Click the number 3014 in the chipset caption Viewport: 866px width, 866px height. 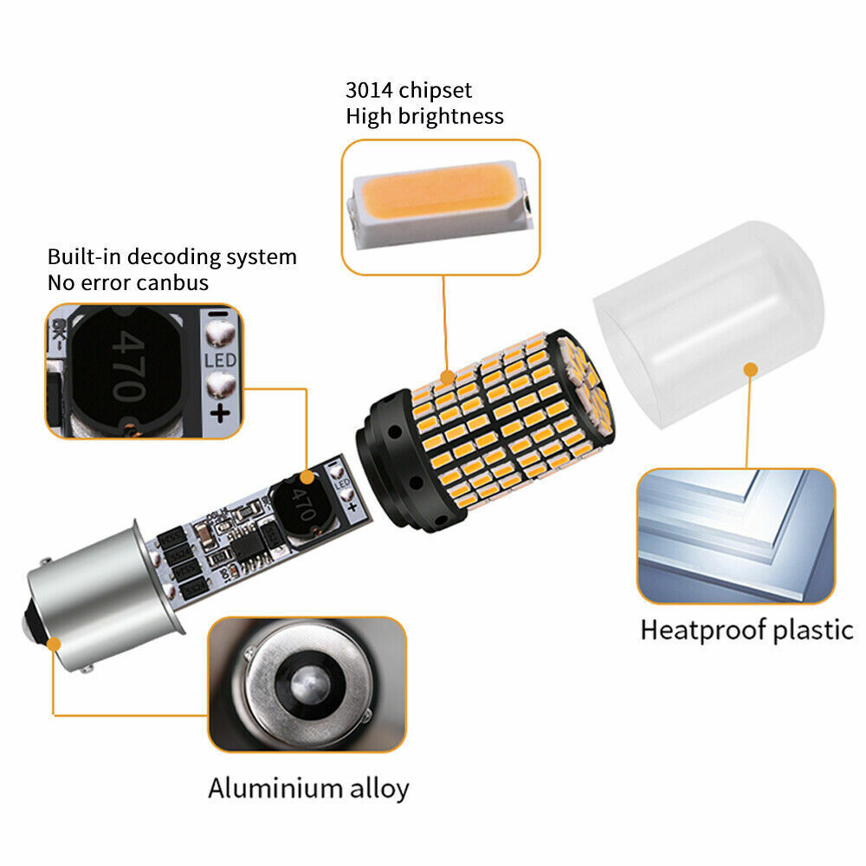369,90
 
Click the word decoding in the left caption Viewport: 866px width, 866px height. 176,257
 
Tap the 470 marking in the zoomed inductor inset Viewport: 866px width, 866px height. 129,366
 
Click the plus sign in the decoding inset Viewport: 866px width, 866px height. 220,412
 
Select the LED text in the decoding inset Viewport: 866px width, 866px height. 220,360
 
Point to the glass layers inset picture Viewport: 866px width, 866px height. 735,536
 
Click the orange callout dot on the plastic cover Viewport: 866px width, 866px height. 751,370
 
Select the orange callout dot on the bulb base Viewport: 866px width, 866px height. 54,644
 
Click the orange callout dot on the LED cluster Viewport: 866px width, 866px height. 447,378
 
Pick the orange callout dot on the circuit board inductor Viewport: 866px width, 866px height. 307,478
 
